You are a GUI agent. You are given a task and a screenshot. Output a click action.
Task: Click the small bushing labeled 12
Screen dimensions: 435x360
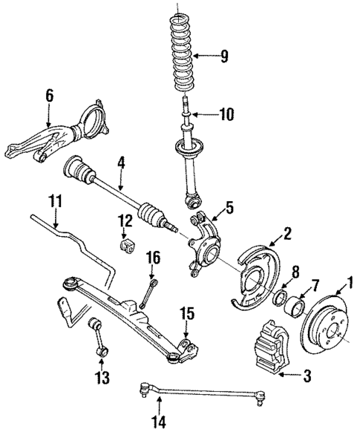pyautogui.click(x=125, y=246)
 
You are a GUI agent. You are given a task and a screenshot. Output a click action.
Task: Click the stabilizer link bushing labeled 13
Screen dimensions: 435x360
pyautogui.click(x=96, y=325)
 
